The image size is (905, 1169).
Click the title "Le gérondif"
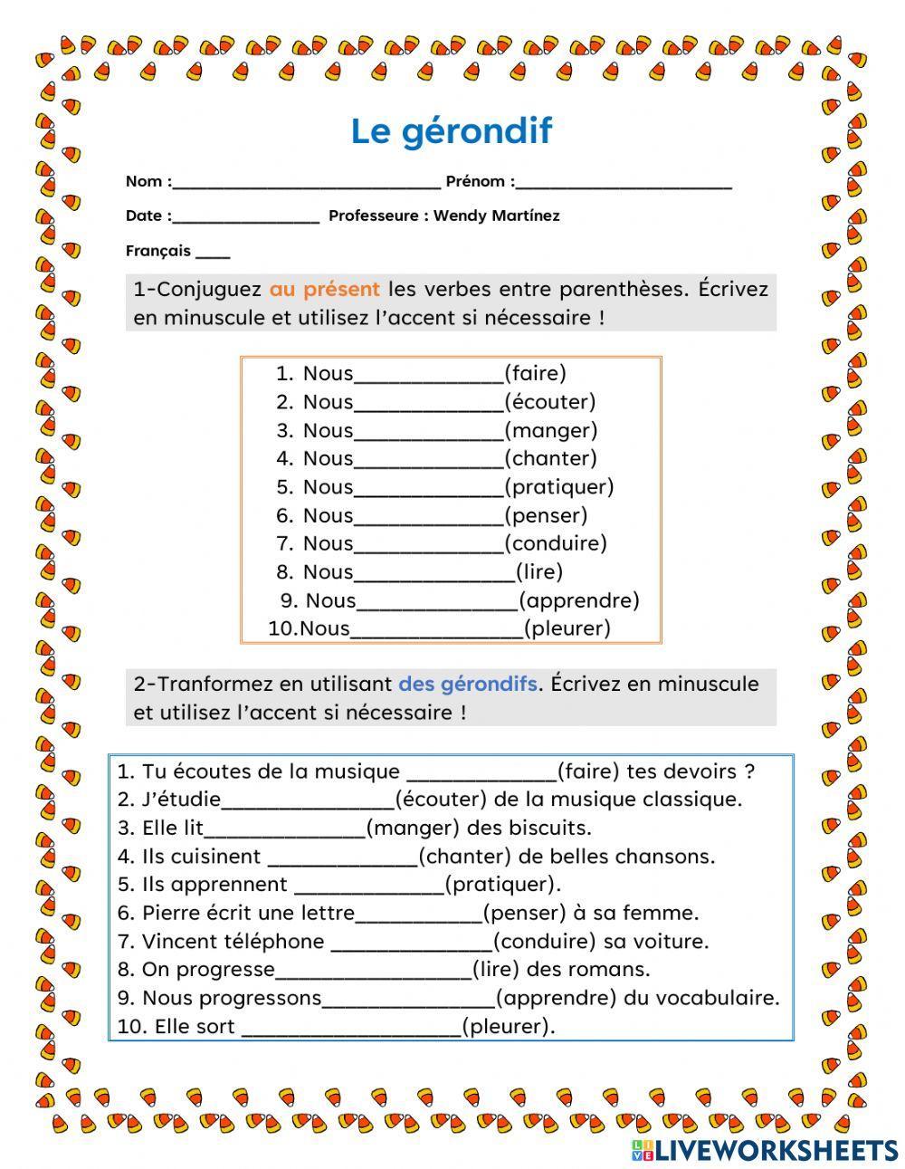point(451,131)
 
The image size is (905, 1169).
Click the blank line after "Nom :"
point(306,182)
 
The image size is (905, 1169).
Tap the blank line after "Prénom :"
point(624,182)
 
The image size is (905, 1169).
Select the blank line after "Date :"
point(245,216)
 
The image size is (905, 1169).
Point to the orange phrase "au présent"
point(325,290)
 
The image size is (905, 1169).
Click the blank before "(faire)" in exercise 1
point(428,374)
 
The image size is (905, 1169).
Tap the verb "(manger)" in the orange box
point(550,430)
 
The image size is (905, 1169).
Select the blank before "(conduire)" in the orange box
point(428,544)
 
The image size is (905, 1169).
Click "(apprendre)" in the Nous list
point(579,600)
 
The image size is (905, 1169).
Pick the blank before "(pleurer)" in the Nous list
point(436,629)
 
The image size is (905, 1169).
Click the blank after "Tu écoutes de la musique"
point(481,772)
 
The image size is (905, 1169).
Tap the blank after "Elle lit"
point(284,829)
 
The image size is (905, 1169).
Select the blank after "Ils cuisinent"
point(343,858)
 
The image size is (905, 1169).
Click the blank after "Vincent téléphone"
point(412,942)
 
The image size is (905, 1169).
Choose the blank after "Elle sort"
point(351,1028)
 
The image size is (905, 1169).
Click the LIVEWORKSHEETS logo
point(765,1149)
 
